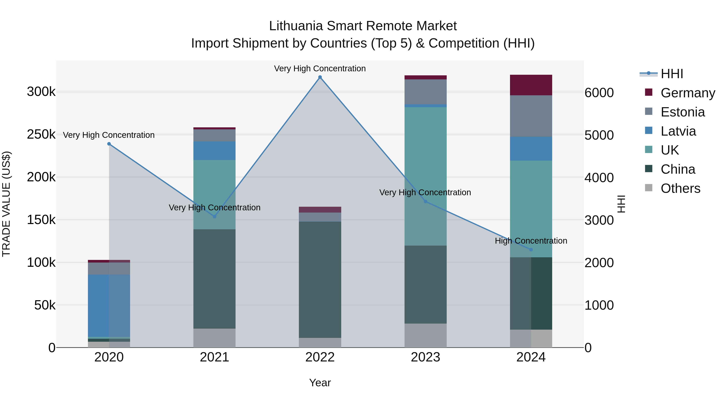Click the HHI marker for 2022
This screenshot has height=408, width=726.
coord(320,77)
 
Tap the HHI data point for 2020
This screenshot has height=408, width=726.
coord(109,144)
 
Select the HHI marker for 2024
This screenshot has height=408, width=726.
coord(531,249)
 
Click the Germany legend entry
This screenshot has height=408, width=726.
coord(688,93)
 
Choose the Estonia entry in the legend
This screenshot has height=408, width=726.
coord(683,112)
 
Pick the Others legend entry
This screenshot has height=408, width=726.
coord(680,188)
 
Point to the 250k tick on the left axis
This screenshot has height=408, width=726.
coord(41,135)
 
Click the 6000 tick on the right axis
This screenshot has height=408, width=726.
coord(599,93)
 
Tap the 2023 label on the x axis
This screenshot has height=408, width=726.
coord(425,357)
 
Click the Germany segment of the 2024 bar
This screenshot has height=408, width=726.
coord(531,85)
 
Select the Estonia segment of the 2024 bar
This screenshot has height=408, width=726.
coord(531,116)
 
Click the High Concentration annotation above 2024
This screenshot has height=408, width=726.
coord(531,241)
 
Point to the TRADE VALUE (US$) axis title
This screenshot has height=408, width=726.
coord(6,204)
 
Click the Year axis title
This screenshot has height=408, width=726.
coord(320,383)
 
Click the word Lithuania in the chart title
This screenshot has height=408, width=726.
coord(296,26)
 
